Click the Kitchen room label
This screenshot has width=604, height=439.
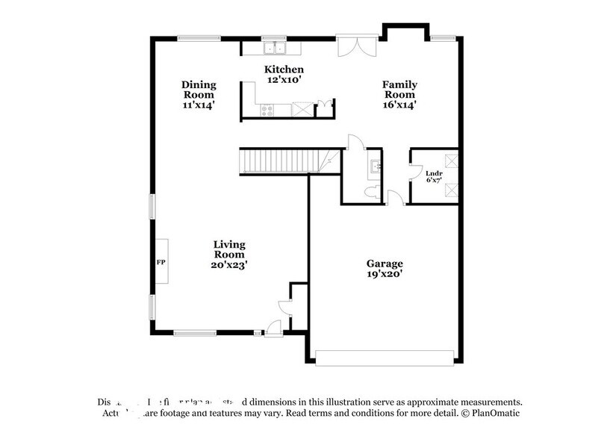[284, 69]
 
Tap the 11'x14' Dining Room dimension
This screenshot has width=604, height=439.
[198, 105]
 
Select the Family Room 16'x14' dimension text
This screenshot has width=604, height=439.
[399, 105]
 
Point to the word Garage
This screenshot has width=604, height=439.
[384, 264]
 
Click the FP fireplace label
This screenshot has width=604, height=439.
[160, 263]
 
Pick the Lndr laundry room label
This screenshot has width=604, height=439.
[434, 172]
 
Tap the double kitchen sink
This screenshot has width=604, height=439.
[275, 49]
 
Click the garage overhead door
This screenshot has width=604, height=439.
[384, 358]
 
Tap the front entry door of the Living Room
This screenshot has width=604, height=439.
[274, 327]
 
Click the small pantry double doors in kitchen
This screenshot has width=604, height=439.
[323, 107]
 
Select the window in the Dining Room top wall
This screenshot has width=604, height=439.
[198, 38]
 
